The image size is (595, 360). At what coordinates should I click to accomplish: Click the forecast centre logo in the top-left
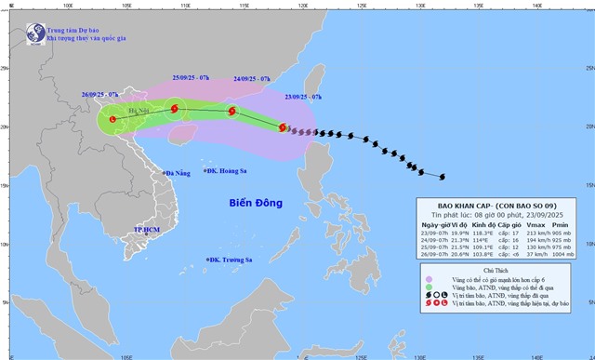pos(33,33)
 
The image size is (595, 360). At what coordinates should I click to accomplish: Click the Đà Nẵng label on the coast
pos(178,173)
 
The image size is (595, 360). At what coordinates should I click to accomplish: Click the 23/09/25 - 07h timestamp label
pos(303,96)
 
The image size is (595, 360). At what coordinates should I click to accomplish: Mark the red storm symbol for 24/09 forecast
pos(232,112)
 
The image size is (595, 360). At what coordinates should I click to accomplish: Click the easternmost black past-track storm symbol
pos(442,176)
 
